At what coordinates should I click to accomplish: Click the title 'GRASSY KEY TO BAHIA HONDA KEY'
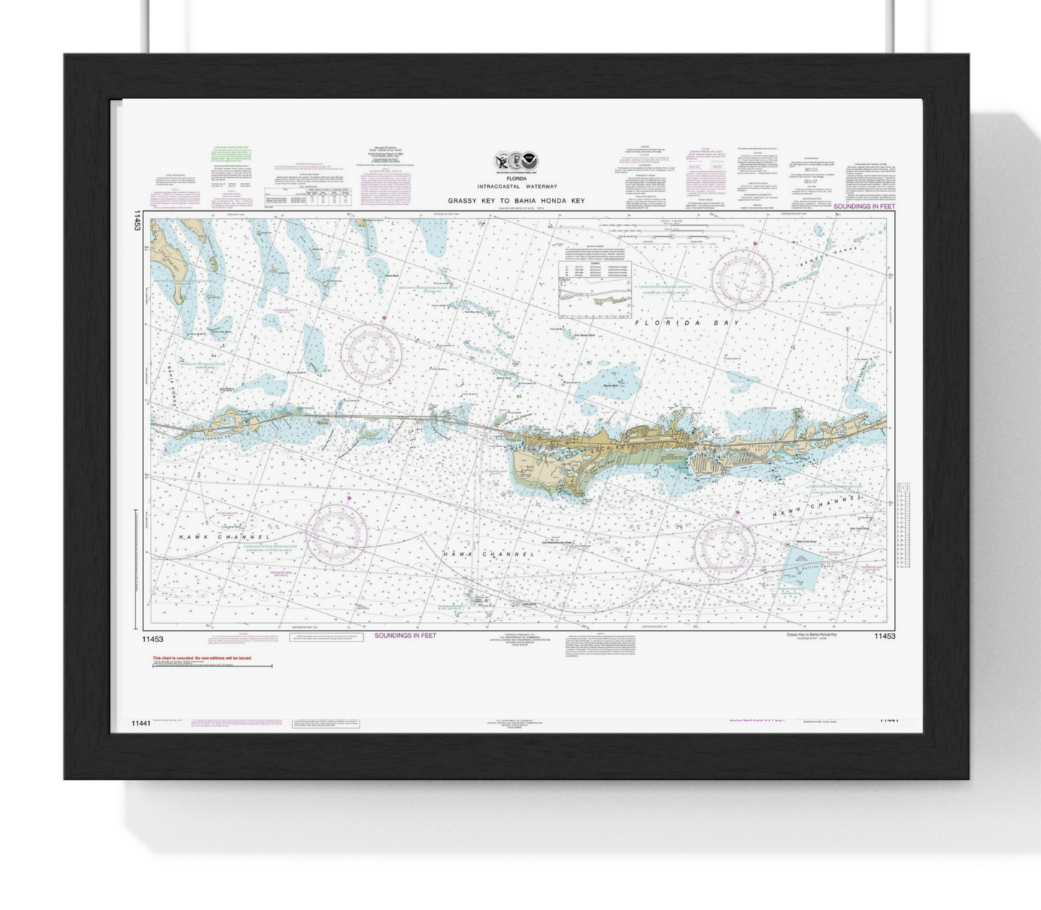coord(517,201)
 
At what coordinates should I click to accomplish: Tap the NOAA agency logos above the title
coord(516,161)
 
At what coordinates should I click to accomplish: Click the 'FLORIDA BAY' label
coord(687,323)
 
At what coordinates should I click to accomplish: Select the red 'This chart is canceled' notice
coord(202,658)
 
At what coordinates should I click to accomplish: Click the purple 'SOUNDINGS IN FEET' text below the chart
coord(405,636)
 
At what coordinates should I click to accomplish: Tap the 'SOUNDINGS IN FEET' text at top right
coord(864,207)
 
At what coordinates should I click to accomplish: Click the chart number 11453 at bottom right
coord(884,636)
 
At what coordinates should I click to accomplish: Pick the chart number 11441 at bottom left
coord(142,724)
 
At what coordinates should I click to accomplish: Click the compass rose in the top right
coord(742,278)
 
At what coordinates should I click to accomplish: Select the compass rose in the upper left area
coord(371,353)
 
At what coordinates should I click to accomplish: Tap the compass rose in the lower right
coord(724,549)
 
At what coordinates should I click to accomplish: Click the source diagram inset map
coord(595,289)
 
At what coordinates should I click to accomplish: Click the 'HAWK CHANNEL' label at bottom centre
coord(489,554)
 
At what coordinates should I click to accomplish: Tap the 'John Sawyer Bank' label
coord(584,335)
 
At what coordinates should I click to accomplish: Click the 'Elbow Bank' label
coord(393,276)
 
